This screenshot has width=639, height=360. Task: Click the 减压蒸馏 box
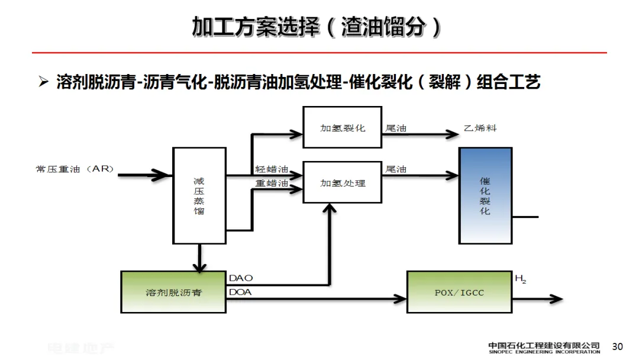(199, 195)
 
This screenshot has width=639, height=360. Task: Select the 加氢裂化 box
(343, 128)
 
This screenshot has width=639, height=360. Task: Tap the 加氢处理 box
(343, 182)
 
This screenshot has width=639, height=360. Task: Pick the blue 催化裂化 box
(485, 195)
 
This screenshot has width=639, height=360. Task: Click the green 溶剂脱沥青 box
(173, 292)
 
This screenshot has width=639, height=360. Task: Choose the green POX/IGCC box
(459, 292)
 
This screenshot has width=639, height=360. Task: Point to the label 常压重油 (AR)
(75, 169)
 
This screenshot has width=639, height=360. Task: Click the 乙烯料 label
(480, 128)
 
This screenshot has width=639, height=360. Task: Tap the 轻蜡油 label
(272, 169)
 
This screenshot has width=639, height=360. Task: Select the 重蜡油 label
(272, 183)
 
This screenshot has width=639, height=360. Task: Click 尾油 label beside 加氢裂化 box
(396, 128)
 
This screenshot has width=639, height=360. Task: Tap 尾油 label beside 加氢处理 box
(396, 169)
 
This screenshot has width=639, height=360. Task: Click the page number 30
(618, 346)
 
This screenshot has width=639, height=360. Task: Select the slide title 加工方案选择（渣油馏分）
(318, 27)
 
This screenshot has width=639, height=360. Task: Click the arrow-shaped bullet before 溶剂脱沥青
(43, 82)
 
